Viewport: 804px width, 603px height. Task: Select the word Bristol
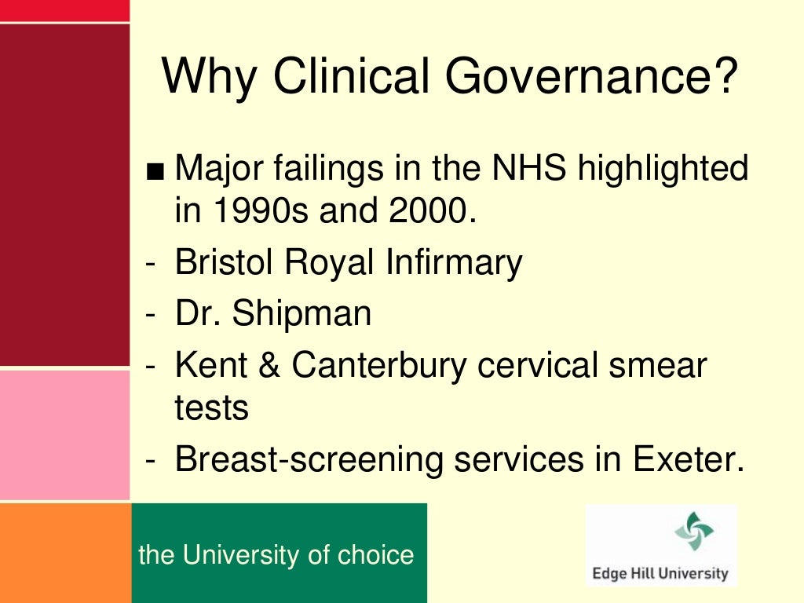point(225,262)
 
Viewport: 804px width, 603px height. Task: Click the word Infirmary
point(453,262)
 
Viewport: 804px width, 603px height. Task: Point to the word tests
point(211,408)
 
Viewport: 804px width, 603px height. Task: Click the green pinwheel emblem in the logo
point(693,532)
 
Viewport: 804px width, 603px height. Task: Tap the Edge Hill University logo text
point(660,573)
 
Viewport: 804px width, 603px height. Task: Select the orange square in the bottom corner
point(64,553)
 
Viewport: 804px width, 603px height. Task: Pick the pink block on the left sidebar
point(64,434)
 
